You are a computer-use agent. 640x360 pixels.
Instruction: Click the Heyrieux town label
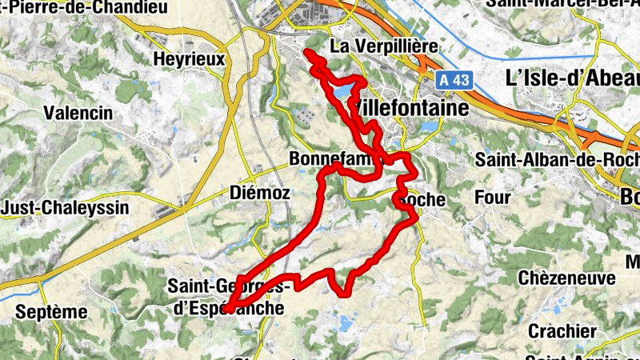(190, 59)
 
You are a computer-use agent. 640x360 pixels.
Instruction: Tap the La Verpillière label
(384, 46)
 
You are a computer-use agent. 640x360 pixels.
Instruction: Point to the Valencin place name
(78, 113)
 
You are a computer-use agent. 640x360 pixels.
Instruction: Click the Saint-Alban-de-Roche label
(557, 158)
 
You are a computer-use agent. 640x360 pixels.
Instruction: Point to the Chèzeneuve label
(566, 278)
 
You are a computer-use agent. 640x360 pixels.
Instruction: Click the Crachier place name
(562, 330)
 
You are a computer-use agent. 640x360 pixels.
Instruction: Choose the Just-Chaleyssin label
(54, 208)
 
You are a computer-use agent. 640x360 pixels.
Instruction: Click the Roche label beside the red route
(421, 198)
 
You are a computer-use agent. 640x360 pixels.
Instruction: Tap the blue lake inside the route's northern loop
(342, 93)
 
